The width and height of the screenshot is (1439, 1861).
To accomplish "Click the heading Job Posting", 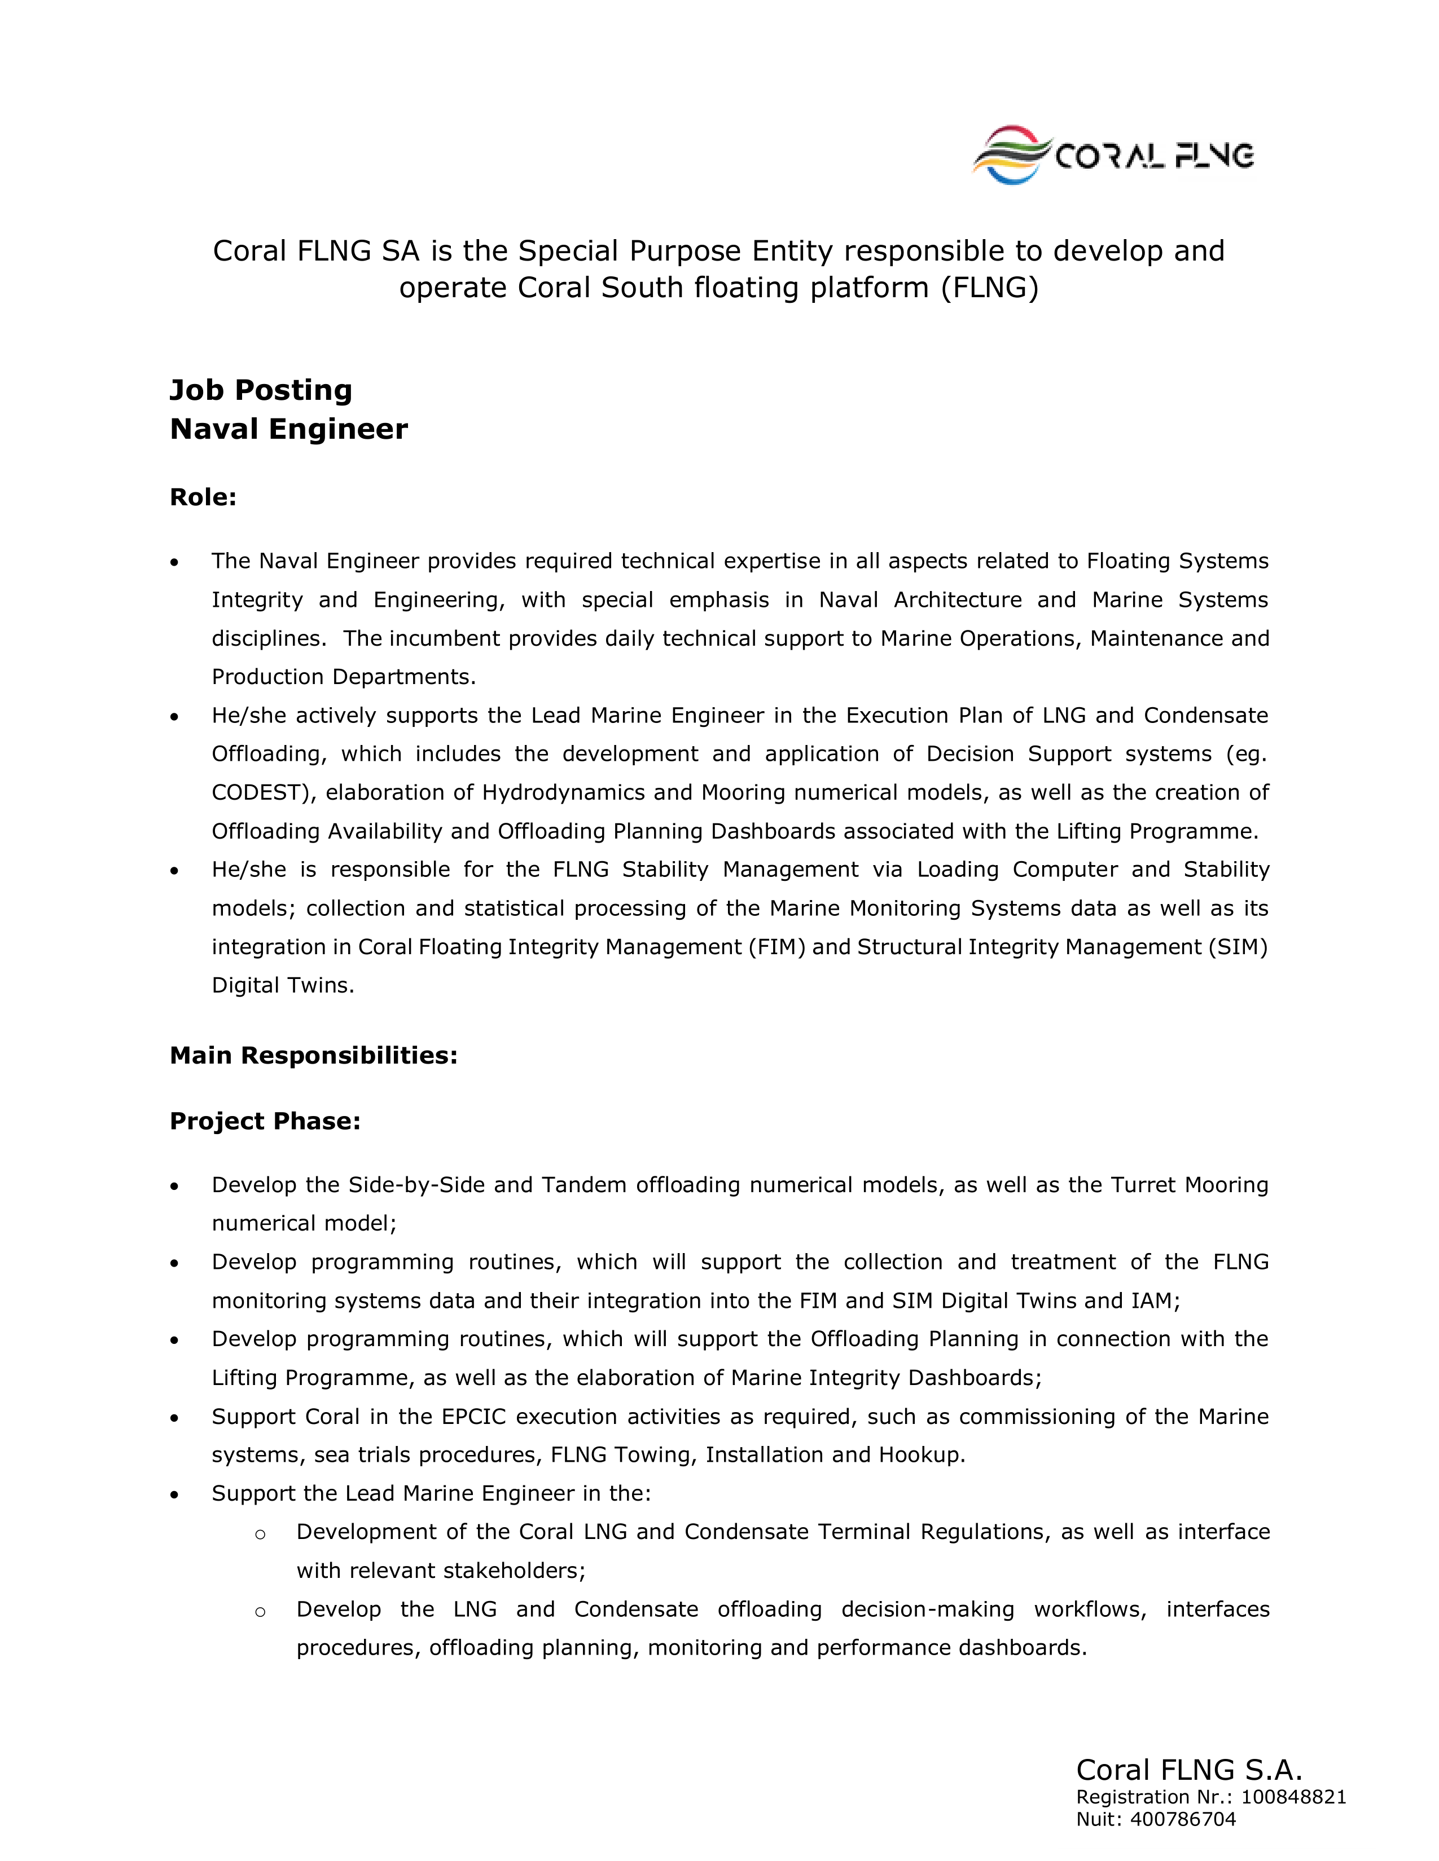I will click(x=261, y=390).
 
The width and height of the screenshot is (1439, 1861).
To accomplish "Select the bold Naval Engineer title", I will click(x=289, y=429).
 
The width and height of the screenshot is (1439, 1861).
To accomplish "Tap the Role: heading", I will click(x=203, y=497).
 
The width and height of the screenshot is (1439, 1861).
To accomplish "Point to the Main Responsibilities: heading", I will click(x=314, y=1056).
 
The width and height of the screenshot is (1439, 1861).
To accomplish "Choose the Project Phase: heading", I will click(x=265, y=1121).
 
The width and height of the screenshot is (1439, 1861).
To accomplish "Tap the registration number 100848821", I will click(x=1293, y=1797).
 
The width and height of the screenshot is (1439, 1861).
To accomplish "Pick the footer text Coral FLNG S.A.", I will click(x=1189, y=1770).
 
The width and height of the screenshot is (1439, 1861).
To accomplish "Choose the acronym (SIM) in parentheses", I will click(x=1238, y=947).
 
